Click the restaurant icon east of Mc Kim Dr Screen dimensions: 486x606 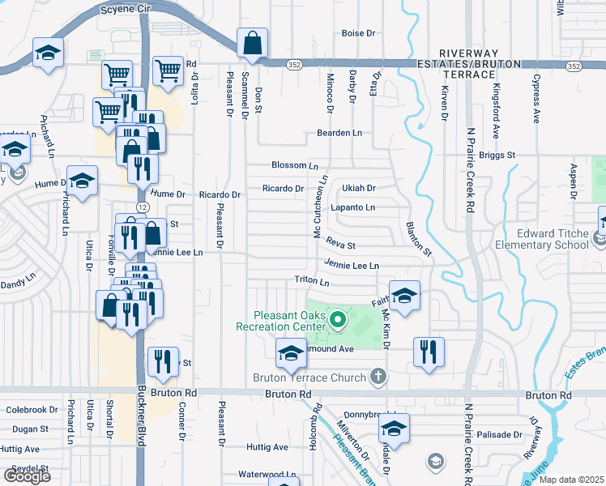tap(429, 352)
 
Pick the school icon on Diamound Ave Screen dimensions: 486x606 tap(292, 352)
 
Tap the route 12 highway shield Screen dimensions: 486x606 tap(142, 208)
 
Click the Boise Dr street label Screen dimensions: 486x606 tap(359, 34)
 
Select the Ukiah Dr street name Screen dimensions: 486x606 tap(359, 189)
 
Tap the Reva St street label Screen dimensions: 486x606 tap(341, 244)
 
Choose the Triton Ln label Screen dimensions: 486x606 tap(312, 283)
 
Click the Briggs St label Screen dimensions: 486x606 tap(497, 155)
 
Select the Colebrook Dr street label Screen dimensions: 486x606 tap(32, 410)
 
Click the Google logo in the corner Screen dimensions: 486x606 tap(27, 476)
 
